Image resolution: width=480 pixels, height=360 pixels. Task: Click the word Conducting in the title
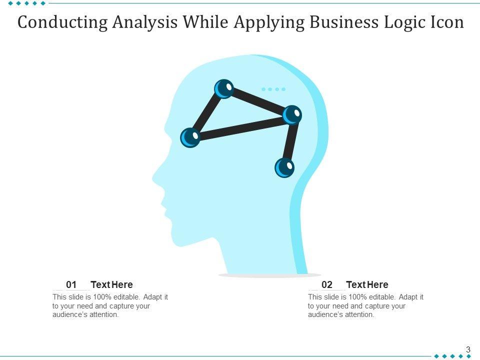coord(61,23)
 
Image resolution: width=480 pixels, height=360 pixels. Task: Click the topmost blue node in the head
coord(224,89)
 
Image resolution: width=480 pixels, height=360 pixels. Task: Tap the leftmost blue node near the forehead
coord(190,137)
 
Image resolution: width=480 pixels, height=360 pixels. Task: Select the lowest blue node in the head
coord(284,167)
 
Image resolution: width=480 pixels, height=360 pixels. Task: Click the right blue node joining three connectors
coord(292,115)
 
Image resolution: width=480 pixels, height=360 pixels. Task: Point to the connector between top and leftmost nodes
coord(207,113)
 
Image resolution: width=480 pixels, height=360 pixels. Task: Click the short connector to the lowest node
coord(289,141)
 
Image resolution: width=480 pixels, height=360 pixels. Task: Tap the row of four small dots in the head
coord(273,89)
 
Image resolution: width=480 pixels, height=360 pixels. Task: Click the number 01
coord(71,285)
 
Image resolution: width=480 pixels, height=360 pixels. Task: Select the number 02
coord(327,285)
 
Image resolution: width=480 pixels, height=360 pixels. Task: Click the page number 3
coord(468,350)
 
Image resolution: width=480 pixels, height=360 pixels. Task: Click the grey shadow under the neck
coord(270,275)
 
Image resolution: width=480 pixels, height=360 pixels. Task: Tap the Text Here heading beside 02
coord(367,285)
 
